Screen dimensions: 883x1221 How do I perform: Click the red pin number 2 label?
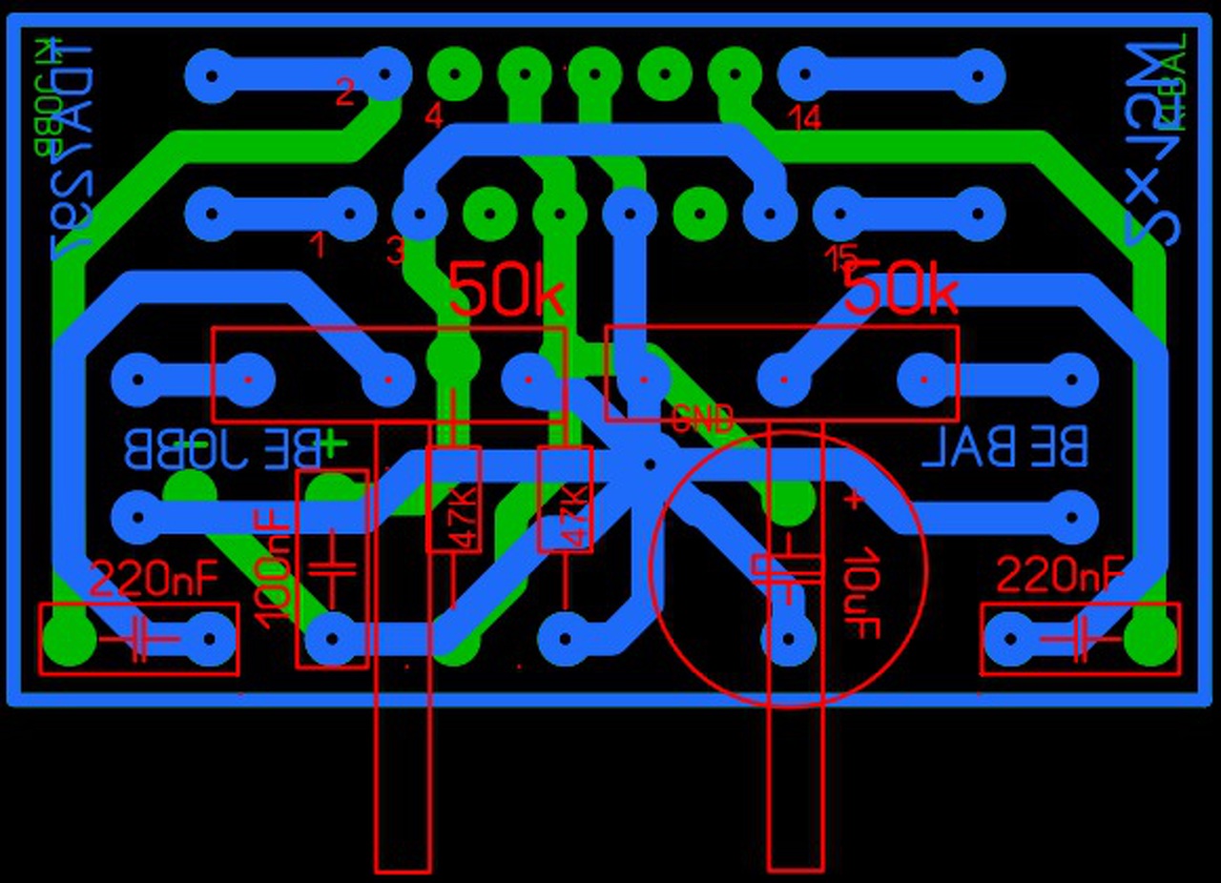click(345, 93)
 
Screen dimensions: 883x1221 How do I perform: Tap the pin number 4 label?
click(434, 117)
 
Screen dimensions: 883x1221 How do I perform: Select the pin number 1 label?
click(317, 246)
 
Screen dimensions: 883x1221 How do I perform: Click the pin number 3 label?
click(396, 251)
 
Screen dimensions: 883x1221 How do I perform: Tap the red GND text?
click(703, 418)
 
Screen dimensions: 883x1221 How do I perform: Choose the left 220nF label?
click(155, 576)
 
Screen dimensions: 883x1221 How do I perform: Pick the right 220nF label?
click(1061, 575)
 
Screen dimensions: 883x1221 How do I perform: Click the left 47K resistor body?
click(453, 500)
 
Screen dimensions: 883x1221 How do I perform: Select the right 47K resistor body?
click(566, 500)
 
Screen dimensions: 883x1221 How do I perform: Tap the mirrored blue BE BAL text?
click(1004, 446)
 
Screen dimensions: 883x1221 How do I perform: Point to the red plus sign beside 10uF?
click(854, 499)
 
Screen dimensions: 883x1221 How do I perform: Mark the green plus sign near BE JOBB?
click(332, 443)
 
